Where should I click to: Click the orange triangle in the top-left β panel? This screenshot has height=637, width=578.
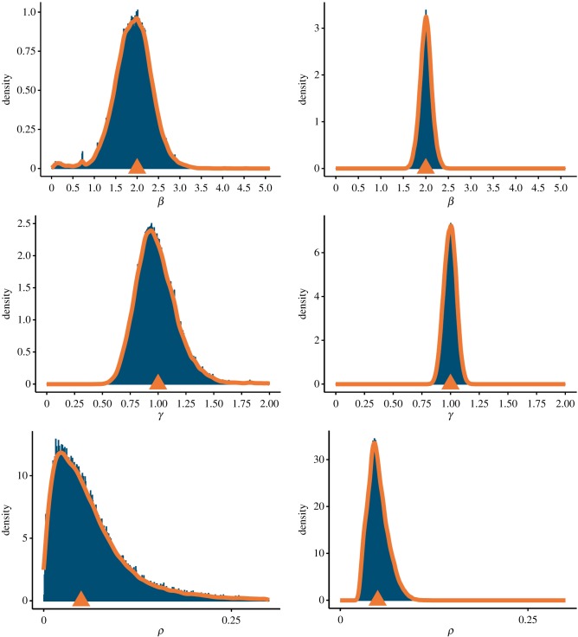pyautogui.click(x=137, y=166)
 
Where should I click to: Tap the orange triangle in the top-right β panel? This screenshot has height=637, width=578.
pyautogui.click(x=426, y=166)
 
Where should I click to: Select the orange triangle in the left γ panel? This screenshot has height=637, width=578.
pyautogui.click(x=157, y=382)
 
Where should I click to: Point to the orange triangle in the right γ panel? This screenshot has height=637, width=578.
pyautogui.click(x=450, y=382)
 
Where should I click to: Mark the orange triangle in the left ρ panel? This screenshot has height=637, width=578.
pyautogui.click(x=80, y=598)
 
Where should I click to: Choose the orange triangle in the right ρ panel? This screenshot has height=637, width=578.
pyautogui.click(x=377, y=598)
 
